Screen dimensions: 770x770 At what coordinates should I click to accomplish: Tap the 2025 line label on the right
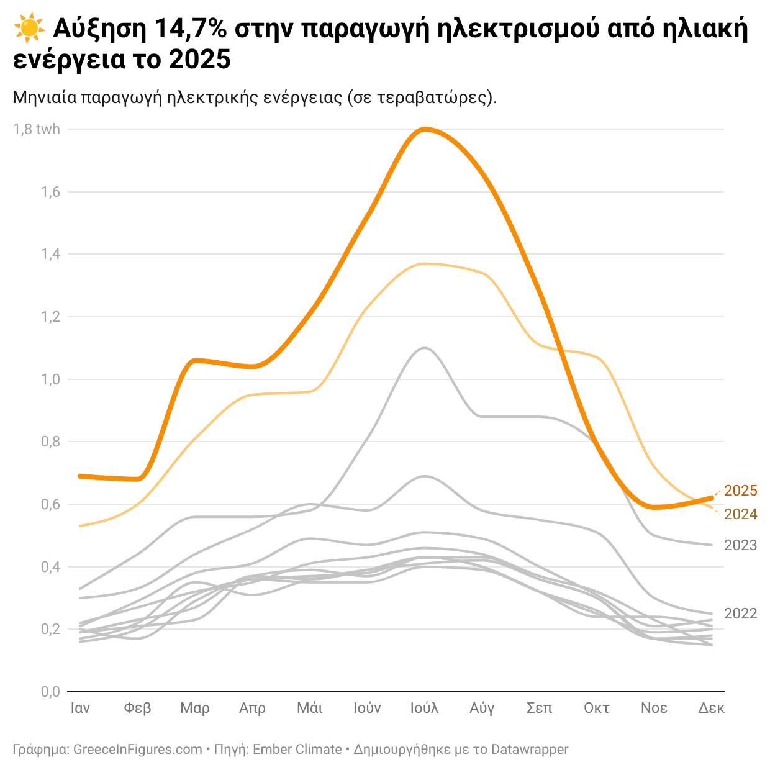click(741, 491)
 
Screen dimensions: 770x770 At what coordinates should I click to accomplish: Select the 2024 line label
click(741, 514)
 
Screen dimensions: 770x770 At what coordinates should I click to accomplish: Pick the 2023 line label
click(741, 545)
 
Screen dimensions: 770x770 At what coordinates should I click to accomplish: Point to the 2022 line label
click(741, 614)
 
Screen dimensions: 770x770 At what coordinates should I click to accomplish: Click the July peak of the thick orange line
click(425, 129)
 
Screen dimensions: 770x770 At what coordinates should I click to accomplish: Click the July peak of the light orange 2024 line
click(425, 264)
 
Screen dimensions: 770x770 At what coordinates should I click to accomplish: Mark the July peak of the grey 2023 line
click(425, 348)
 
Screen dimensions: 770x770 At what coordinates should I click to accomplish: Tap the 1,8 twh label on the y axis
click(37, 129)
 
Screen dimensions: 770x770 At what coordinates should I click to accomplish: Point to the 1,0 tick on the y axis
click(50, 379)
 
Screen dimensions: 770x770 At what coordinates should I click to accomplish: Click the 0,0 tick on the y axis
click(50, 692)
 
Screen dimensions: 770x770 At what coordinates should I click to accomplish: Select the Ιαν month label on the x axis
click(80, 708)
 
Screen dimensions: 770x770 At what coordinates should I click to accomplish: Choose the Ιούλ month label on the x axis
click(425, 708)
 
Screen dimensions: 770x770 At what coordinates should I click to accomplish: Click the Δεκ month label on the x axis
click(711, 708)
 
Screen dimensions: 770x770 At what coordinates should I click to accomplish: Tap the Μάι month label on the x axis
click(310, 708)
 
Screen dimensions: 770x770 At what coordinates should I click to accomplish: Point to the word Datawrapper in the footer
click(530, 750)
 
